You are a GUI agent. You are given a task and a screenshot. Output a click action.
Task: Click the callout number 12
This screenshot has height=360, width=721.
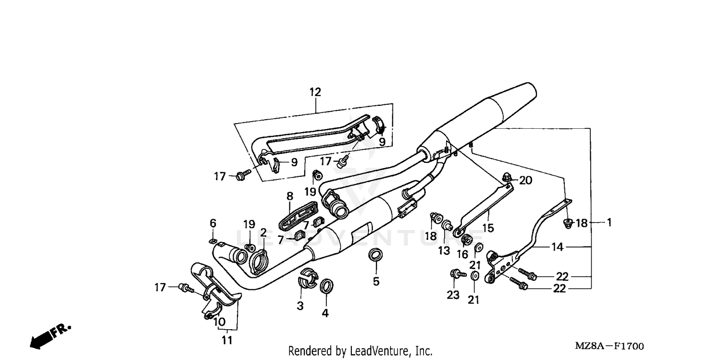pos(315,92)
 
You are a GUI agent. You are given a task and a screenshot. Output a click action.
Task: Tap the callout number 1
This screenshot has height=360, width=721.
pos(609,223)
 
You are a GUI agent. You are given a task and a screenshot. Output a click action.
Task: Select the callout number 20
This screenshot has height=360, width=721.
pos(526,181)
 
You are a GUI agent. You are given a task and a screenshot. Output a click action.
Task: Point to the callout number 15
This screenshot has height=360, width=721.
pos(488,228)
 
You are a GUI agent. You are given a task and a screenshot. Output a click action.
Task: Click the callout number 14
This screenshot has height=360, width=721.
pos(557,248)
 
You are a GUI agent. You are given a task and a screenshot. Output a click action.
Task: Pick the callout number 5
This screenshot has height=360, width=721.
pos(376,281)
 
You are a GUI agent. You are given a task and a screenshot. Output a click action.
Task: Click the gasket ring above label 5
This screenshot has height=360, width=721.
pos(375,255)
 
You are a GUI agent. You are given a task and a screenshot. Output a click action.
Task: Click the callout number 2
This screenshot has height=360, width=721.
pos(263,233)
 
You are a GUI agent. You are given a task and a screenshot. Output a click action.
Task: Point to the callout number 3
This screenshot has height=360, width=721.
pos(300,306)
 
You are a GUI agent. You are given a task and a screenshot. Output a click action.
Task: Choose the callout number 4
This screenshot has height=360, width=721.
pos(325,313)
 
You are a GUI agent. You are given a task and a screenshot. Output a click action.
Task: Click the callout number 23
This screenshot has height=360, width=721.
pos(453,295)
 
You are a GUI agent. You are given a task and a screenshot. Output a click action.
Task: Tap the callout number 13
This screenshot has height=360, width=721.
pos(444,250)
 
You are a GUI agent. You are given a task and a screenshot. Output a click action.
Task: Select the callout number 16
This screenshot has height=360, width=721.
pos(462,255)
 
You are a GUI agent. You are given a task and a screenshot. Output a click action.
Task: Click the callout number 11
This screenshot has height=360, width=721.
pos(227,340)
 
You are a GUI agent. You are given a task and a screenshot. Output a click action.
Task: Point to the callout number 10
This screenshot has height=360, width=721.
pos(219,321)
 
